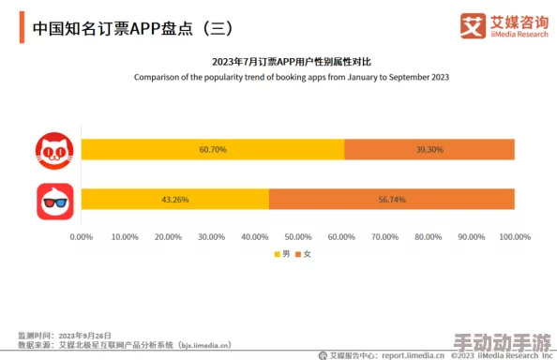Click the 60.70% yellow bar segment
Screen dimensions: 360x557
pyautogui.click(x=213, y=150)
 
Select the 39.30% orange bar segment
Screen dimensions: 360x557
pyautogui.click(x=429, y=150)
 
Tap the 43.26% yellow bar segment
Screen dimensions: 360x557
pyautogui.click(x=175, y=200)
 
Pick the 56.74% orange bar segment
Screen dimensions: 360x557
pyautogui.click(x=392, y=200)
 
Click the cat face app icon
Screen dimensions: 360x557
pyautogui.click(x=54, y=150)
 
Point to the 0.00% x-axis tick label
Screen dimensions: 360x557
pyautogui.click(x=82, y=237)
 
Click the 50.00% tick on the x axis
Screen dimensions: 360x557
pyautogui.click(x=298, y=237)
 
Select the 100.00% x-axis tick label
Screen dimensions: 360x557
pyautogui.click(x=514, y=237)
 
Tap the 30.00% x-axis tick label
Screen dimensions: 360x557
pyautogui.click(x=212, y=237)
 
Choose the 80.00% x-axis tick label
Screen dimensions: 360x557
pyautogui.click(x=429, y=237)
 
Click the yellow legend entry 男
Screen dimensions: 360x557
pyautogui.click(x=281, y=255)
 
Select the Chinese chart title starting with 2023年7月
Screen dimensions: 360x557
pyautogui.click(x=291, y=62)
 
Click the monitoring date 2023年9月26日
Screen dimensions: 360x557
pyautogui.click(x=85, y=335)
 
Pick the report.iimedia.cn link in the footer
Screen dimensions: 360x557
pyautogui.click(x=414, y=355)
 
